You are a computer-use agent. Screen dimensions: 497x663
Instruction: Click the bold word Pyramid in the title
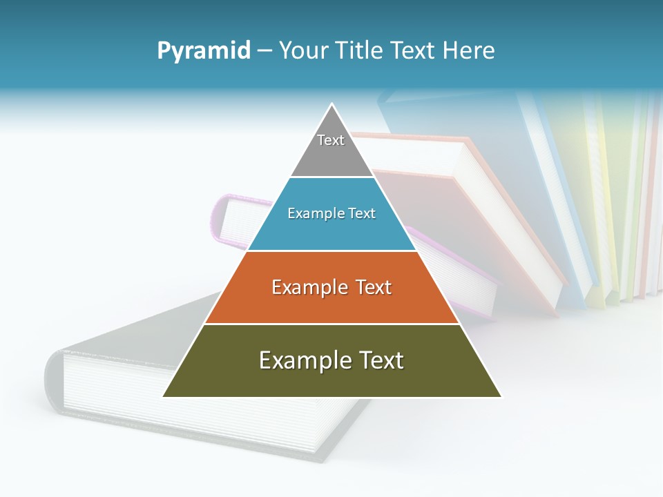tap(204, 51)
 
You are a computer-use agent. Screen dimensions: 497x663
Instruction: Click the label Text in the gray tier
tap(331, 140)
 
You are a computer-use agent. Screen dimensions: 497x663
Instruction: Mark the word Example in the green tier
tap(302, 360)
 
